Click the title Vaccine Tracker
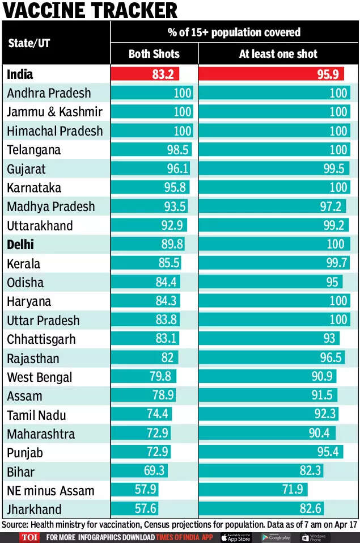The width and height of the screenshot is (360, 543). (x=90, y=10)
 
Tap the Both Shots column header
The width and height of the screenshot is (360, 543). (x=154, y=54)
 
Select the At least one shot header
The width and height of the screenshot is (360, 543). (x=278, y=54)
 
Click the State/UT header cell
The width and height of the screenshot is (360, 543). (x=29, y=43)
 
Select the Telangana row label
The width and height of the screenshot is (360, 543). (x=35, y=150)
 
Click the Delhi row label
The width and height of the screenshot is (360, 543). (x=20, y=245)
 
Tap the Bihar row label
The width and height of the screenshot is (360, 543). (x=21, y=472)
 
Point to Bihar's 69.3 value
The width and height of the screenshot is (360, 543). (x=154, y=472)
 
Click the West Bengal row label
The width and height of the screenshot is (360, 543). (x=39, y=377)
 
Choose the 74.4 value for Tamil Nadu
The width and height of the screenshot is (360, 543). (x=158, y=415)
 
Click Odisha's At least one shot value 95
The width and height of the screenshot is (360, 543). (x=332, y=283)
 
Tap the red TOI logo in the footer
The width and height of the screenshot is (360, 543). (x=29, y=537)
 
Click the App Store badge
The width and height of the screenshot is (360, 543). (x=236, y=537)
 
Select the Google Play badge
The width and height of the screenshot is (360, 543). (x=276, y=537)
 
